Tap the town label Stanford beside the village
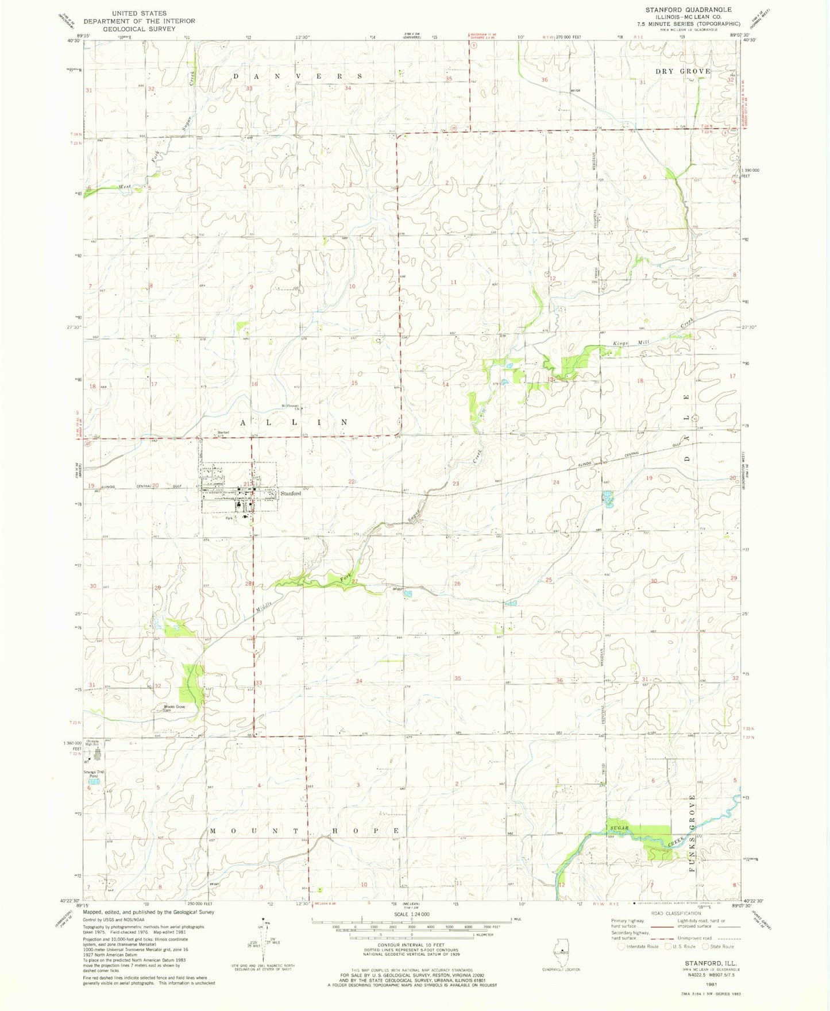tap(291, 493)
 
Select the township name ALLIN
tap(293, 422)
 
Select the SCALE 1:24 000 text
tap(411, 914)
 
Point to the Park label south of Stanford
tap(229, 518)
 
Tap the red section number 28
tap(249, 584)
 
